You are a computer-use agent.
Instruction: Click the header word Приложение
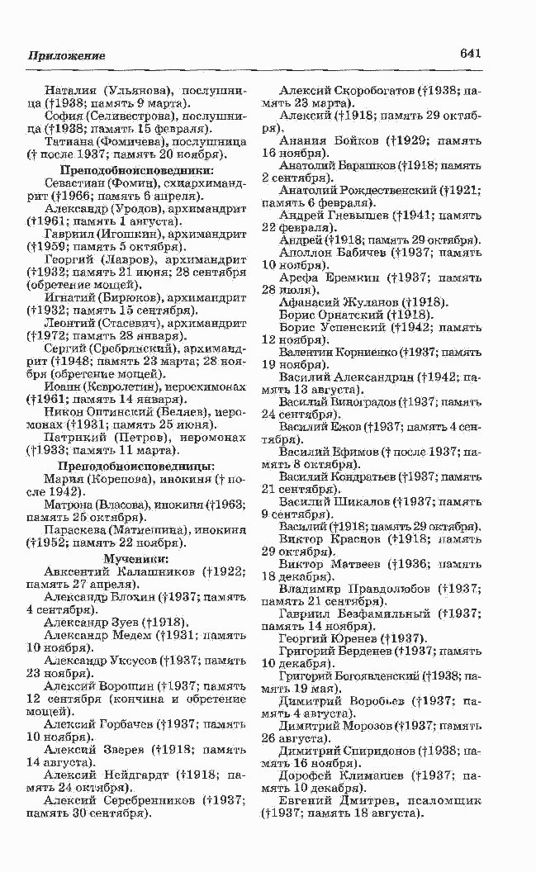tap(67, 55)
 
